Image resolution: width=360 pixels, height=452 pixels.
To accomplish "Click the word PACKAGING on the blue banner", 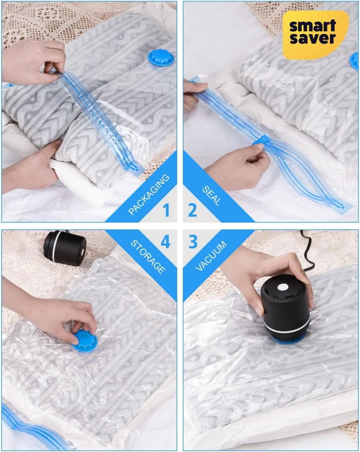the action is [149, 195].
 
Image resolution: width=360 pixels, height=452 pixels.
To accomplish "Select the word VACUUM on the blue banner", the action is [211, 256].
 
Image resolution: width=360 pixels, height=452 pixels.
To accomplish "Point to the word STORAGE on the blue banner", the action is [148, 257].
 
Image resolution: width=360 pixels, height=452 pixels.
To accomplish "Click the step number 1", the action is [166, 210].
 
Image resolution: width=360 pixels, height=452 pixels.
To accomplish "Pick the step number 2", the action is [193, 210].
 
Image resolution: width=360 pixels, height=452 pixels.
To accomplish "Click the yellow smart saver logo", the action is [316, 34].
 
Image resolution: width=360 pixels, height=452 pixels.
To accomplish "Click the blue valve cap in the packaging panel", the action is [161, 58].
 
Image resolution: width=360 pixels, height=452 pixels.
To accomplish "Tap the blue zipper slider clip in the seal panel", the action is [261, 141].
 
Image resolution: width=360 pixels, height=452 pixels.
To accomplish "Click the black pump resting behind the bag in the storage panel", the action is [65, 247].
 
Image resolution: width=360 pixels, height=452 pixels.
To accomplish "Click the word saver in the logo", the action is [313, 38].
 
